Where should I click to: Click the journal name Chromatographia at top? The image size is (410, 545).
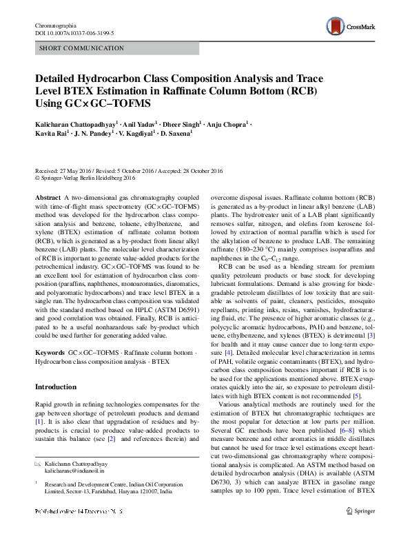tap(57, 25)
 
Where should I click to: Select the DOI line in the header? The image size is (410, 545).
tap(74, 32)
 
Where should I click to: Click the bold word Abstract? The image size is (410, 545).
tap(48, 197)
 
